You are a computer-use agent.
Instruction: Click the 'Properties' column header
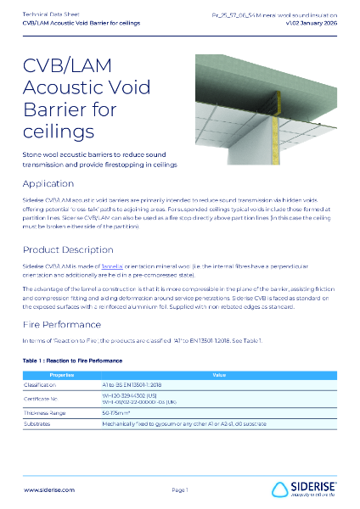pos(62,374)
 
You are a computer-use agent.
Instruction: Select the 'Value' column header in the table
pos(219,374)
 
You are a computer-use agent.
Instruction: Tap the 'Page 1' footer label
pos(179,489)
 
